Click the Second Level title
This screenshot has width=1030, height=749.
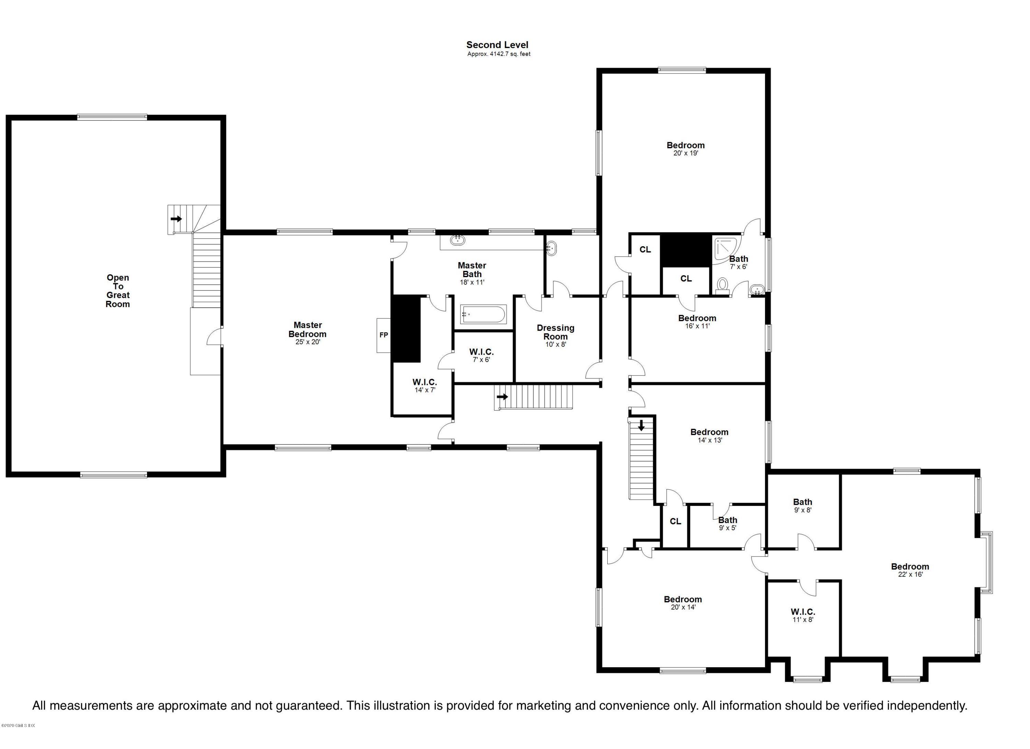(x=497, y=45)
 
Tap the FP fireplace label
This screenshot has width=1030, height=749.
(x=384, y=335)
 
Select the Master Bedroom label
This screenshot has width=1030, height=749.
(x=308, y=330)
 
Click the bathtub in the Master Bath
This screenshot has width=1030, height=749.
(x=483, y=314)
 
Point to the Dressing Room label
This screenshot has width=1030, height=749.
(x=556, y=332)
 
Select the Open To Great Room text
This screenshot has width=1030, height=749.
(x=118, y=291)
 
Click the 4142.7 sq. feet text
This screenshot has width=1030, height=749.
(x=499, y=54)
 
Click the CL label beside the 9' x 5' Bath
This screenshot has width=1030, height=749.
(x=675, y=521)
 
